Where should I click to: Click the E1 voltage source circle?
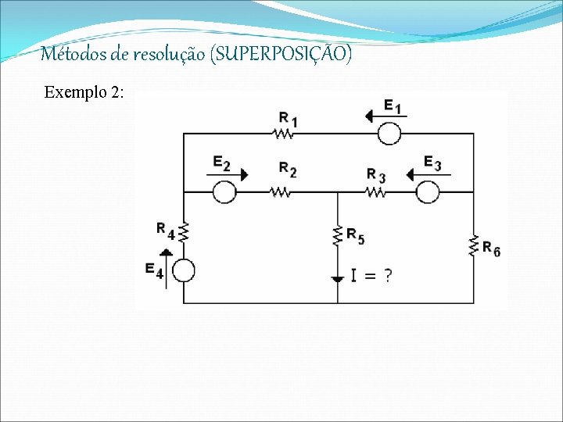[389, 134]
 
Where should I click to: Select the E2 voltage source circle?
[224, 191]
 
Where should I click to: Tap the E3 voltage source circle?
[427, 191]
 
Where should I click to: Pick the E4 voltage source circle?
[183, 271]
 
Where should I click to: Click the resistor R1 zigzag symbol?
[282, 134]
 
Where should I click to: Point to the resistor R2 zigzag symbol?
[280, 191]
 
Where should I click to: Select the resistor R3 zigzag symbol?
[375, 191]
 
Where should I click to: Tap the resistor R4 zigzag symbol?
[183, 232]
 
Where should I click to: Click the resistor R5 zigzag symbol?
[338, 234]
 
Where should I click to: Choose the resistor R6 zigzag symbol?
[474, 245]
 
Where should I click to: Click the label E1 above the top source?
[393, 106]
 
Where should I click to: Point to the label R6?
[491, 249]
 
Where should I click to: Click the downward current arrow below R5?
[338, 277]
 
